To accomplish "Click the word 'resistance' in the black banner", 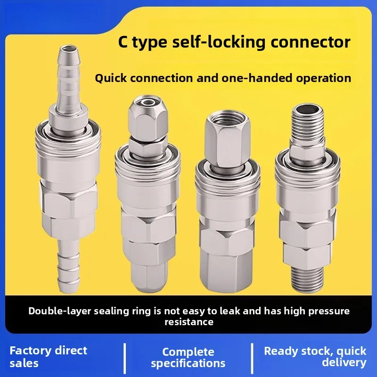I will [x=188, y=322].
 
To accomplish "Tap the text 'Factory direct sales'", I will [x=49, y=356].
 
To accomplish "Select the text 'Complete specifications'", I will [x=188, y=357].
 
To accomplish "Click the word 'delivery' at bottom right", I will [x=344, y=362].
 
